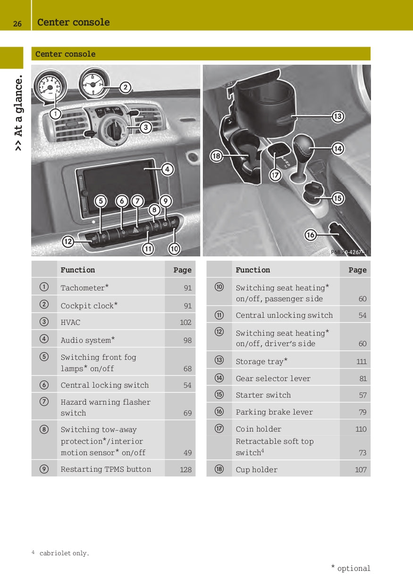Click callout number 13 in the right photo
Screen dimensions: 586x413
click(x=337, y=116)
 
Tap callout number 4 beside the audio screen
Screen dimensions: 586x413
click(x=167, y=169)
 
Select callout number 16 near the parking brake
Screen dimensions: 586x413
click(x=311, y=234)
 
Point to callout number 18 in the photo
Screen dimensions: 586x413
click(x=216, y=156)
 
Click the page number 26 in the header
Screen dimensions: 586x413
click(x=17, y=23)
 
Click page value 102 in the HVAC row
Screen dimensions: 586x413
click(x=185, y=323)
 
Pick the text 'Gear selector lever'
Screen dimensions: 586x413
click(x=274, y=378)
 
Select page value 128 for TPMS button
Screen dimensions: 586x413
click(x=185, y=469)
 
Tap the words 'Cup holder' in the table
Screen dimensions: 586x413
click(x=256, y=469)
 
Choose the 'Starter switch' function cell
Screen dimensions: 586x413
click(x=263, y=395)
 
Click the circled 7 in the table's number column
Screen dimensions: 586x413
click(x=43, y=402)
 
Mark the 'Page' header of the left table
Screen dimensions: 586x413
click(x=182, y=270)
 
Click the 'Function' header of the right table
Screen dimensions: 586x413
click(x=253, y=270)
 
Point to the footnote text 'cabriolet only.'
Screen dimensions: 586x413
click(x=64, y=553)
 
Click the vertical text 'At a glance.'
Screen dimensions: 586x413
click(x=18, y=113)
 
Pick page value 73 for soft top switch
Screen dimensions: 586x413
click(x=362, y=452)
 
